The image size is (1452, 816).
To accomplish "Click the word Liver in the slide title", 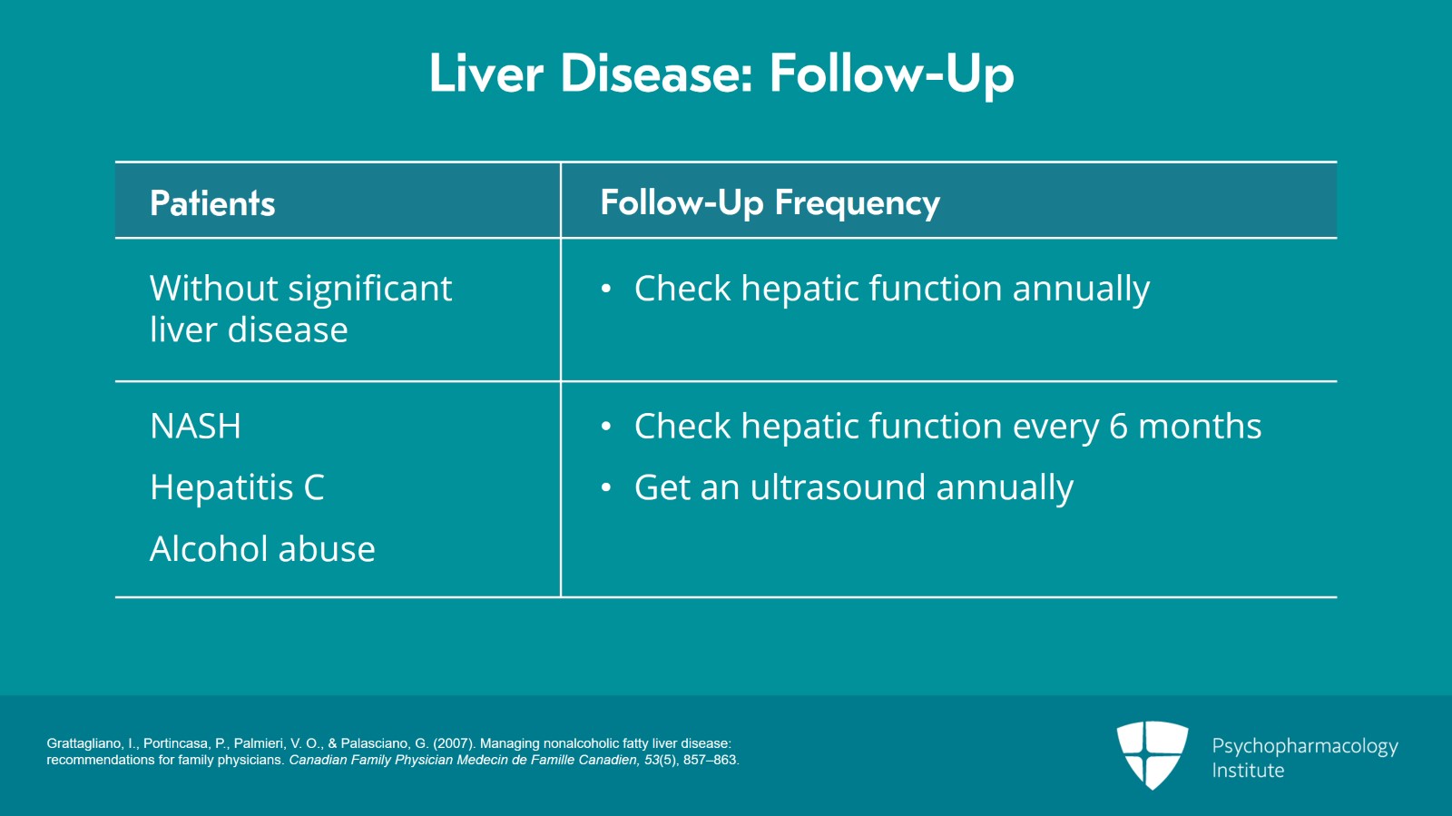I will [486, 74].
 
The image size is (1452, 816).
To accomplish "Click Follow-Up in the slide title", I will [891, 74].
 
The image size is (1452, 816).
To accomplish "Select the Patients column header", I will [212, 203].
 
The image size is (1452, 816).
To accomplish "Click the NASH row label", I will [195, 427].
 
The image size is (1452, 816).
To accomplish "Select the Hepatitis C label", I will [237, 487].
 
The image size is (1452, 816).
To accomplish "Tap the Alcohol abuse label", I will [262, 549].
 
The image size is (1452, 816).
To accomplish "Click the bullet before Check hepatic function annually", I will [606, 290].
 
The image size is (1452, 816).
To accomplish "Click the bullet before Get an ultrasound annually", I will [606, 488].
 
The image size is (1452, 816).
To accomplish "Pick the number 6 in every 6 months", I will [1118, 427].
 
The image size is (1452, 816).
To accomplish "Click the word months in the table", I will [1200, 427].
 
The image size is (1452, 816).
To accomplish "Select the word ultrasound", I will [838, 487].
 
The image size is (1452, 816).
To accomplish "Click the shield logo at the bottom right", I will [1152, 753].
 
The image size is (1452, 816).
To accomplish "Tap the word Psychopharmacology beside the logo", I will [1304, 746].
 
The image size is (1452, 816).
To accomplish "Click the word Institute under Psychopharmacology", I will [1248, 771].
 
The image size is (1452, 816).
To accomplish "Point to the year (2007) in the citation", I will [453, 743].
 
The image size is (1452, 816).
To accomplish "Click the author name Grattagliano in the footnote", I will [85, 743].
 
